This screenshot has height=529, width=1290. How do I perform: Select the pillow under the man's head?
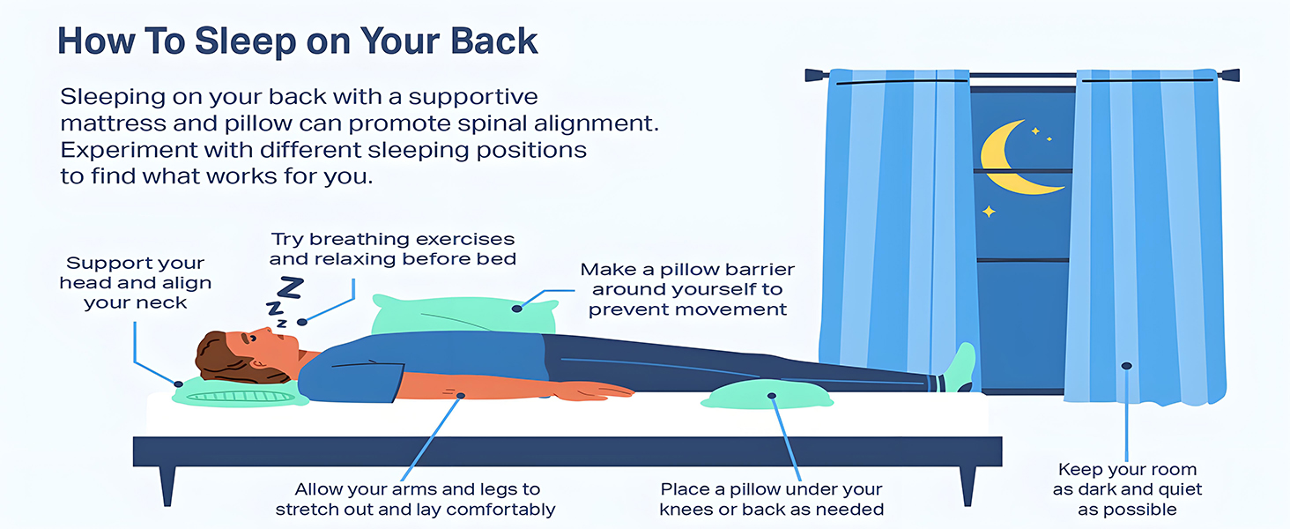(x=238, y=393)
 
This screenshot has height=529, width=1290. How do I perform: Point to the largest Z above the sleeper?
(x=291, y=288)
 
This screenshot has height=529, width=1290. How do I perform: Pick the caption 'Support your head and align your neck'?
(x=136, y=283)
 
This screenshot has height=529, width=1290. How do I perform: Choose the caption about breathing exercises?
(x=392, y=249)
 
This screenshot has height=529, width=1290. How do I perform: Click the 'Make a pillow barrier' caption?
(x=687, y=289)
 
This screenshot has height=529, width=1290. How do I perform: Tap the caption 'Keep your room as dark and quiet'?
(x=1127, y=489)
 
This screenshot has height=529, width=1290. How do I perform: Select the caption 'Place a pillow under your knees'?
(x=771, y=499)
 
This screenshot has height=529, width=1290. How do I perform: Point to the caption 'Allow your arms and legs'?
(x=416, y=499)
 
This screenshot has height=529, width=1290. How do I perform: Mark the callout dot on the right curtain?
(x=1126, y=365)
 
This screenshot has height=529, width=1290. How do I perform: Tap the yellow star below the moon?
(x=989, y=211)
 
